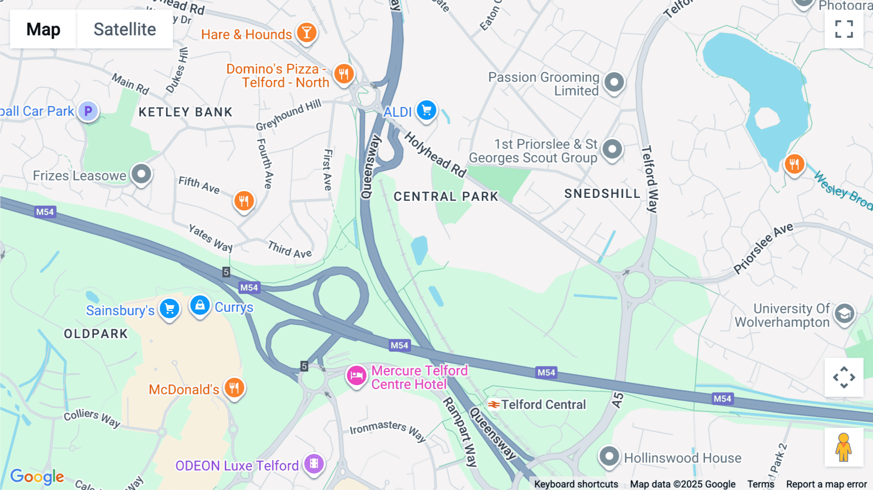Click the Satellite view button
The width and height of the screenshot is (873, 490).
[125, 29]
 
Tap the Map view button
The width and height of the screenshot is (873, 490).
[43, 29]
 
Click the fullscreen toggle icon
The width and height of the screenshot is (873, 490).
[844, 29]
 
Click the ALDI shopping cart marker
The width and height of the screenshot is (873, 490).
[426, 110]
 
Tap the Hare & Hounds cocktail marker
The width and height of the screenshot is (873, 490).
[307, 33]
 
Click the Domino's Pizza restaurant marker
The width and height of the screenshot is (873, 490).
[344, 74]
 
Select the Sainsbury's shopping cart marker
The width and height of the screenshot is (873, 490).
[169, 308]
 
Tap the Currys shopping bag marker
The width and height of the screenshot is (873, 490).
[200, 306]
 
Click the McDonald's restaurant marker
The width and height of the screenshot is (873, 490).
[234, 388]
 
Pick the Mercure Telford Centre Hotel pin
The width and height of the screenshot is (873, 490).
[356, 376]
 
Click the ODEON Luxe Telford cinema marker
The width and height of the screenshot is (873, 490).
[314, 463]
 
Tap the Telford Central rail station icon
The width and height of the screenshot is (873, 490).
[494, 405]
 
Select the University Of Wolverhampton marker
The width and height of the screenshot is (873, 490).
[844, 313]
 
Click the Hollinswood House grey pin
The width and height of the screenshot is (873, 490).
[609, 456]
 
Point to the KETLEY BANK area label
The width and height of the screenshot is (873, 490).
[185, 112]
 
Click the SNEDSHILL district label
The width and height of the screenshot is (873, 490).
[602, 194]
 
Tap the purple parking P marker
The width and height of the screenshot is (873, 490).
[88, 111]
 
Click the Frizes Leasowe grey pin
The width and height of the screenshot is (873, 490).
[141, 173]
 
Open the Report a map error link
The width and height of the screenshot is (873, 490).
[826, 484]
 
